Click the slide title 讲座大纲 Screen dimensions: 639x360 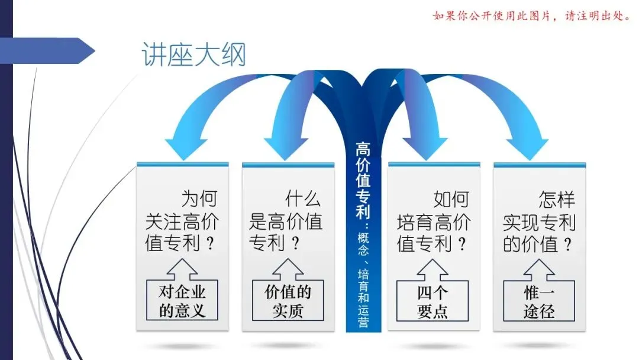coord(194,54)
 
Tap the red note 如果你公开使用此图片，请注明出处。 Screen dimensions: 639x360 coord(532,16)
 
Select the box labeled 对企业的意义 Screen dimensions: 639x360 coord(182,300)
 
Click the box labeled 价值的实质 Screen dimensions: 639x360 coord(288,300)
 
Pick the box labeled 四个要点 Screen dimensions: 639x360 coord(433,301)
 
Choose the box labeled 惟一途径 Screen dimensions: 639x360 coord(539,301)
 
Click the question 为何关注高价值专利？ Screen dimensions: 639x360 coord(182,221)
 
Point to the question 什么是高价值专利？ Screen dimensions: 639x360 coord(286,221)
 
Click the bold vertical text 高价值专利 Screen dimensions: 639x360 coord(363,180)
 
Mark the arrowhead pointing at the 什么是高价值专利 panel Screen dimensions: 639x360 coord(286,149)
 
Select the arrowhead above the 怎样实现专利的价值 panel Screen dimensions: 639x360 coord(527,149)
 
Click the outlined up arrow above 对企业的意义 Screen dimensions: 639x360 coord(182,269)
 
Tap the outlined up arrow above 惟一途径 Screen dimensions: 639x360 coord(539,270)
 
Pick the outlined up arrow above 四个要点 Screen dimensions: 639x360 coord(433,270)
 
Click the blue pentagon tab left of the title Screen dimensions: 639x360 coord(47,50)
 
